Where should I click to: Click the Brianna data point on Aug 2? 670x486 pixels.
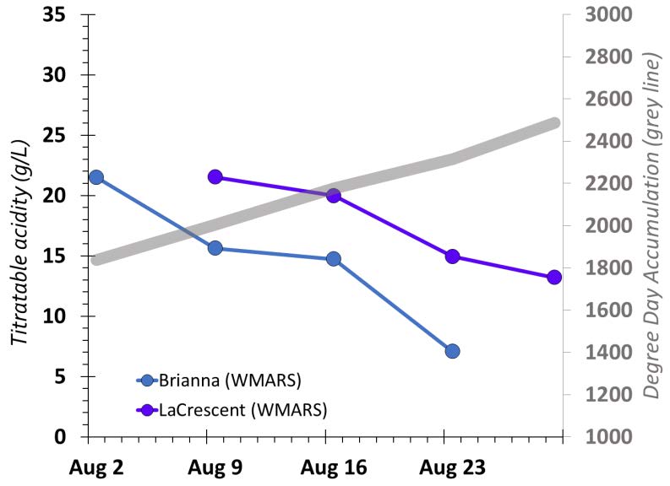pos(96,177)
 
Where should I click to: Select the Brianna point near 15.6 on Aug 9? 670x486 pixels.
pos(215,248)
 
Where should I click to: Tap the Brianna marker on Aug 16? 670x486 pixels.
pos(334,259)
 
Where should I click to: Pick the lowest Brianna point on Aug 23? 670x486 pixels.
pos(452,351)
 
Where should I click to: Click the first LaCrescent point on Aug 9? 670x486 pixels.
pos(215,177)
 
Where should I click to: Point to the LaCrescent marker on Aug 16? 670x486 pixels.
pos(334,196)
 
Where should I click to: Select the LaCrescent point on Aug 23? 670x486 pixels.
pos(452,256)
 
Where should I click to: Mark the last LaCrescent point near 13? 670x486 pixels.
pos(554,277)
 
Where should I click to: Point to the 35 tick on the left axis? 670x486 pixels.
pos(55,15)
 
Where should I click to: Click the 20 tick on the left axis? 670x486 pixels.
pos(55,196)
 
